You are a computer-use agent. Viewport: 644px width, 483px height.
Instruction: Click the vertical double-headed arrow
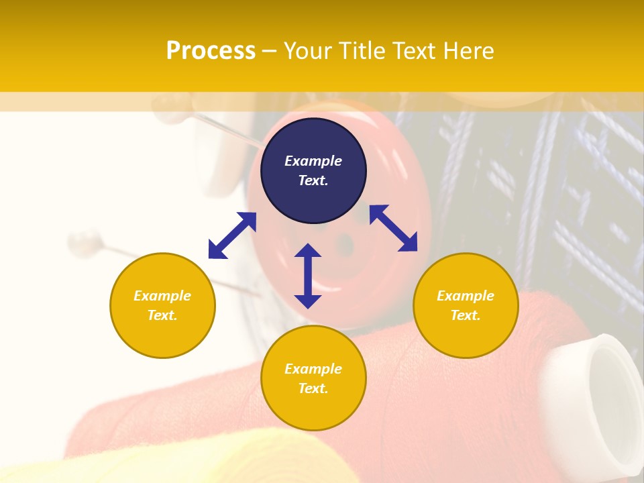308,276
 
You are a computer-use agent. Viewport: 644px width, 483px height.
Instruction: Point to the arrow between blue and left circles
232,235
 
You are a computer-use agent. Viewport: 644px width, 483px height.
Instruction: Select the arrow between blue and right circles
393,228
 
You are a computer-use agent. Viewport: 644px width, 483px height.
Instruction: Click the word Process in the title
211,50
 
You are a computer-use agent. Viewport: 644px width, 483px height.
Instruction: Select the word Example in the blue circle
313,161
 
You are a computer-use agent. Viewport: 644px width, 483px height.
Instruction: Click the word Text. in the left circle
162,315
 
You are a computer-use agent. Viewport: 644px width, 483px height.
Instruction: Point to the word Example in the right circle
466,296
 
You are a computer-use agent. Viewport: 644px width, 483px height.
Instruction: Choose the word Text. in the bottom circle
313,388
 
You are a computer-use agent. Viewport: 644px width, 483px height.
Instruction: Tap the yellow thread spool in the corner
101,463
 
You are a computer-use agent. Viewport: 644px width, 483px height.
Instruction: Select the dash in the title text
270,50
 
